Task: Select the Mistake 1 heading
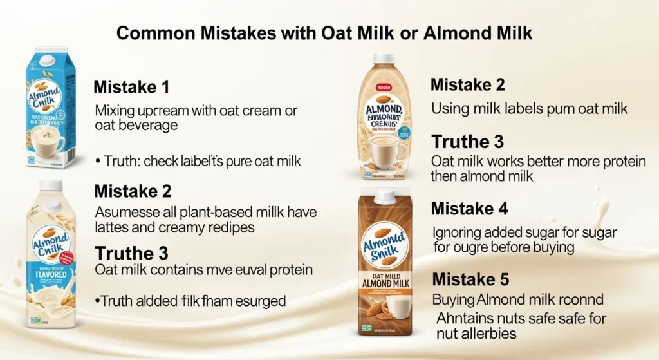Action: [x=132, y=87]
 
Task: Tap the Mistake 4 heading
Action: [x=469, y=209]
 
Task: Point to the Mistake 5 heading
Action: [x=470, y=279]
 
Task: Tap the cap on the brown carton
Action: [x=384, y=196]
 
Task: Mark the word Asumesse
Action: [x=122, y=212]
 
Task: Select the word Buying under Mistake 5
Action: [x=454, y=299]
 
